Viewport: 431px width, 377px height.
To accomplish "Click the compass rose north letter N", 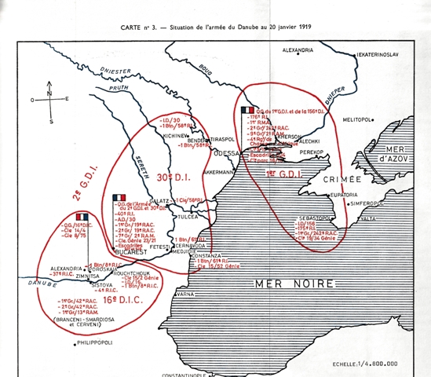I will tap(49, 91).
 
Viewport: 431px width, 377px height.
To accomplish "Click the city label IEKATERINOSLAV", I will tap(385, 55).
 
